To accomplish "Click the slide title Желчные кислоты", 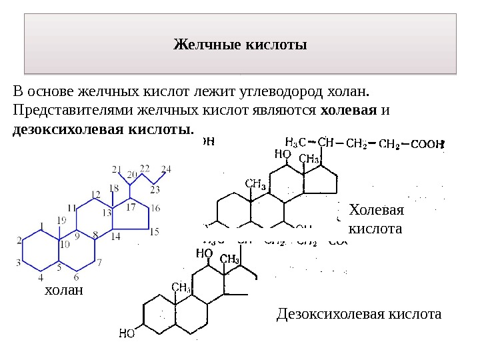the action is [240, 45].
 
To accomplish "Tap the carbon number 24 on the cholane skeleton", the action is [167, 169].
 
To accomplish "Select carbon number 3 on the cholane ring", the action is [19, 263].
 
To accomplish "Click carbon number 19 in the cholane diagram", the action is [61, 221].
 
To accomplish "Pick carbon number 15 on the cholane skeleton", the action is [154, 232].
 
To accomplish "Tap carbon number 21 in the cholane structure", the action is [117, 169].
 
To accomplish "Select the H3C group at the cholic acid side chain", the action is [295, 142].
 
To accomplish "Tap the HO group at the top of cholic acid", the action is [283, 154].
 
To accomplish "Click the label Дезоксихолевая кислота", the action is [359, 313].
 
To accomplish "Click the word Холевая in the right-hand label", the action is [377, 211].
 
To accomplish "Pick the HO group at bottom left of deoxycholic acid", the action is [128, 333].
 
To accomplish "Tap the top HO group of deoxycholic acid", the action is [204, 254].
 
